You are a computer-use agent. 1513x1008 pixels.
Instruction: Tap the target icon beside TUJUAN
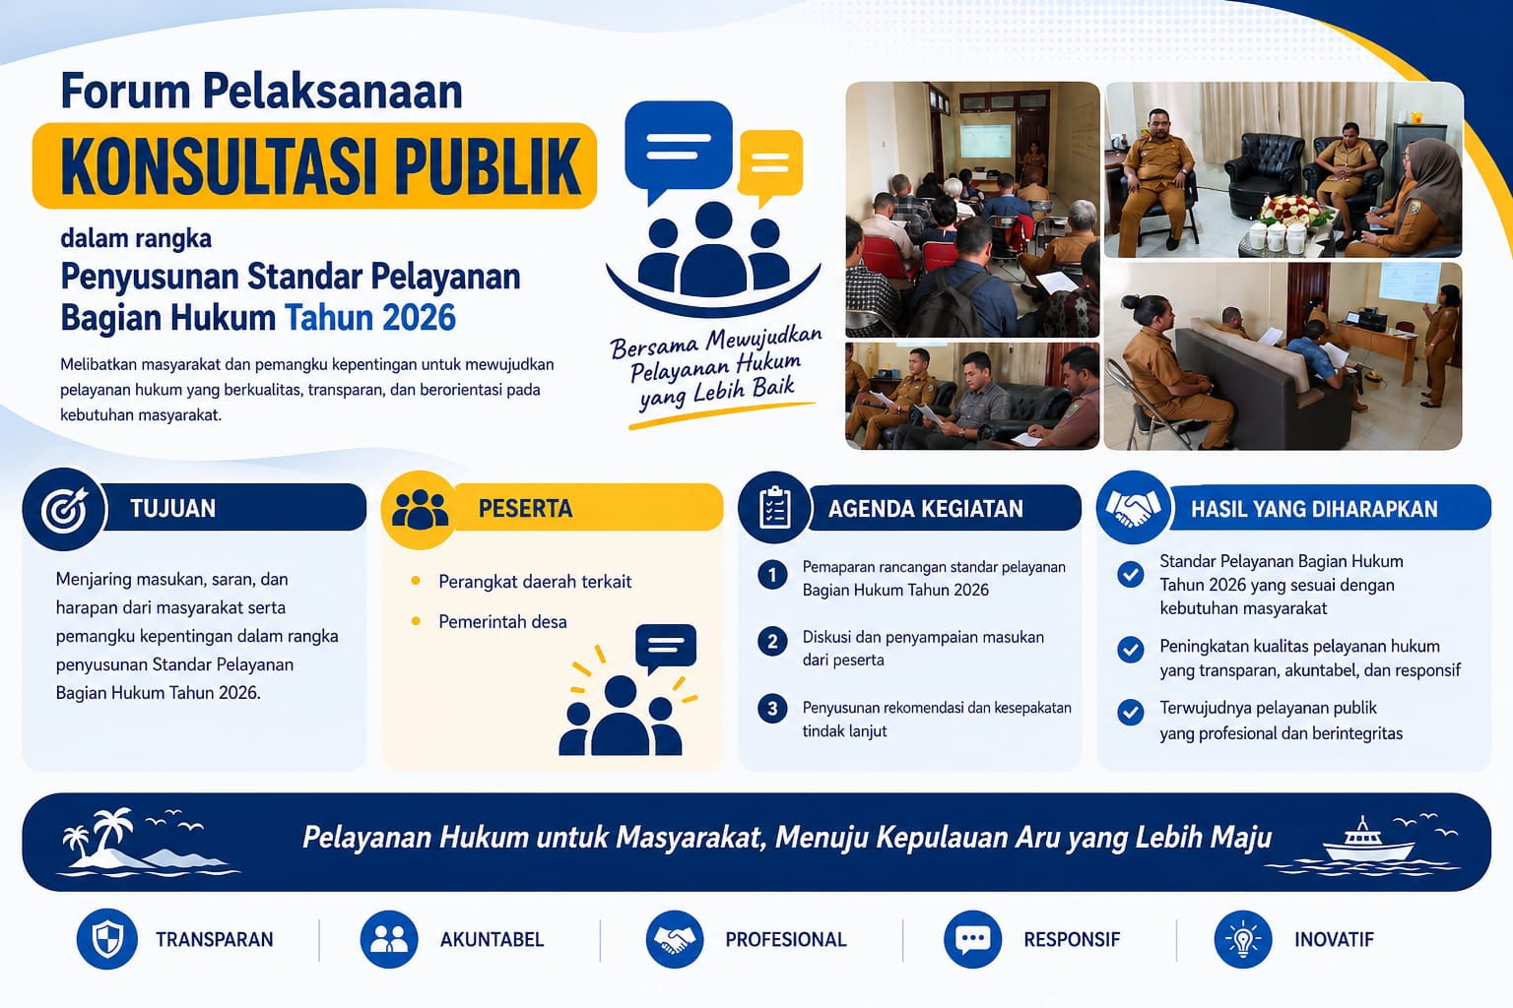pos(64,509)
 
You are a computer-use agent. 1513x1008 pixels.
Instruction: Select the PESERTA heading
pos(525,508)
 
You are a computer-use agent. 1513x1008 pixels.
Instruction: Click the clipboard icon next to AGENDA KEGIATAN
pos(775,508)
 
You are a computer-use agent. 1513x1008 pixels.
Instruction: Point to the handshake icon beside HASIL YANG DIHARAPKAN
pos(1133,508)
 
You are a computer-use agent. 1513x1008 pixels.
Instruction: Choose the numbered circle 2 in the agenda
pos(772,642)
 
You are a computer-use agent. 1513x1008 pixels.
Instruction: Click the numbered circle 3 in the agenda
pos(772,709)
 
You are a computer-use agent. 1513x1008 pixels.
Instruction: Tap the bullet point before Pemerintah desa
pos(416,621)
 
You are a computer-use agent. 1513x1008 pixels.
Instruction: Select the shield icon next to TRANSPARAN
pos(106,939)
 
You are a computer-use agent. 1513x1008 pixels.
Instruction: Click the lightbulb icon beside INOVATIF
pos(1243,939)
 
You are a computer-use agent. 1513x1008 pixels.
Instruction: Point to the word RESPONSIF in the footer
pos(1072,940)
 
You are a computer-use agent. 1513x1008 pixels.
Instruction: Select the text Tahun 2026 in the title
pos(370,318)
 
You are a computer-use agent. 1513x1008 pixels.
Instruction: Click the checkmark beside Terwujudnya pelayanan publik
pos(1130,713)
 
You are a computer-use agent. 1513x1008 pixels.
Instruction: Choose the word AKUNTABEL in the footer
pos(493,940)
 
